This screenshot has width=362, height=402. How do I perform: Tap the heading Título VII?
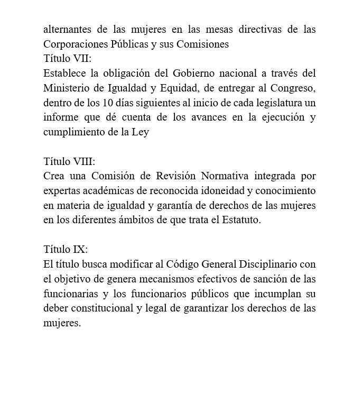(67, 59)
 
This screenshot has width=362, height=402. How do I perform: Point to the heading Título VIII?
(69, 161)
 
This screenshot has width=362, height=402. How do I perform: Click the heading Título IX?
(66, 249)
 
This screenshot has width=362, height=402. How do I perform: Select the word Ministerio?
(68, 88)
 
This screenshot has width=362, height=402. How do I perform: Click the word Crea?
(54, 176)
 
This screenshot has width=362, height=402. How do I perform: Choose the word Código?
(185, 264)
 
